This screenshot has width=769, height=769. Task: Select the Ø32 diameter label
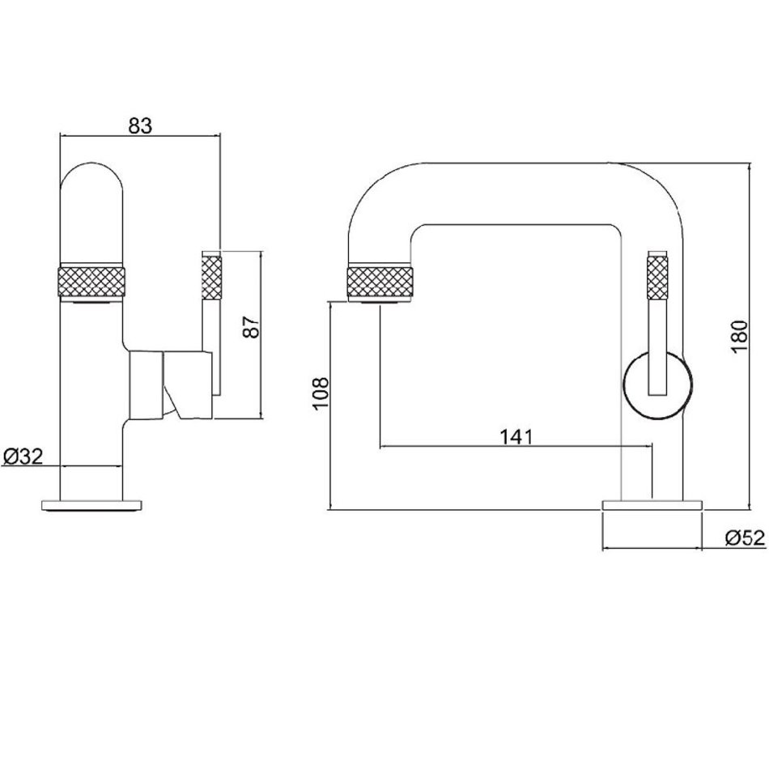pyautogui.click(x=23, y=457)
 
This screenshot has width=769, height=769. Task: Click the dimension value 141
pyautogui.click(x=515, y=436)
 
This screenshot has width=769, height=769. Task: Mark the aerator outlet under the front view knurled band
pyautogui.click(x=92, y=303)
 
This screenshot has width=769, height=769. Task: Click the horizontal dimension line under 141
pyautogui.click(x=515, y=447)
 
